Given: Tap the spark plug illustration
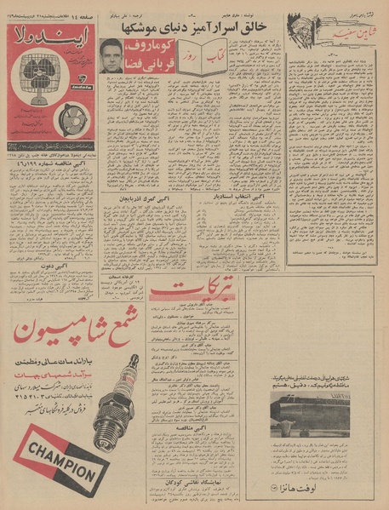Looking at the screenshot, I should (102, 400).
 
